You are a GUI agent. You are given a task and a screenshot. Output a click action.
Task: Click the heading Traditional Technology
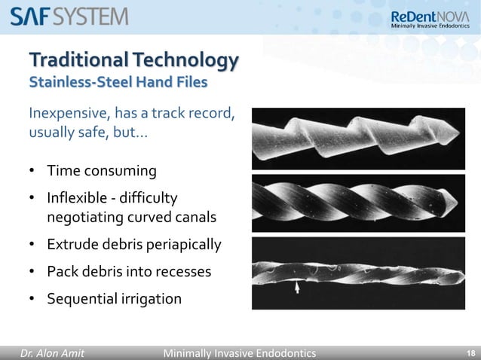[x=133, y=59]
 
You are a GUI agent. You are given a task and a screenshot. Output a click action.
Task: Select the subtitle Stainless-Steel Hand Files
[x=118, y=81]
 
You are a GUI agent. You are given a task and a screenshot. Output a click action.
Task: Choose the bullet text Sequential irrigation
[x=114, y=299]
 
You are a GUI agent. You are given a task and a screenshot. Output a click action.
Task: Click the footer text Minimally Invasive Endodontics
[x=240, y=352]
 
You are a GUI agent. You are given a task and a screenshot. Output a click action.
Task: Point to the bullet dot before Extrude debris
[x=33, y=246]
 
